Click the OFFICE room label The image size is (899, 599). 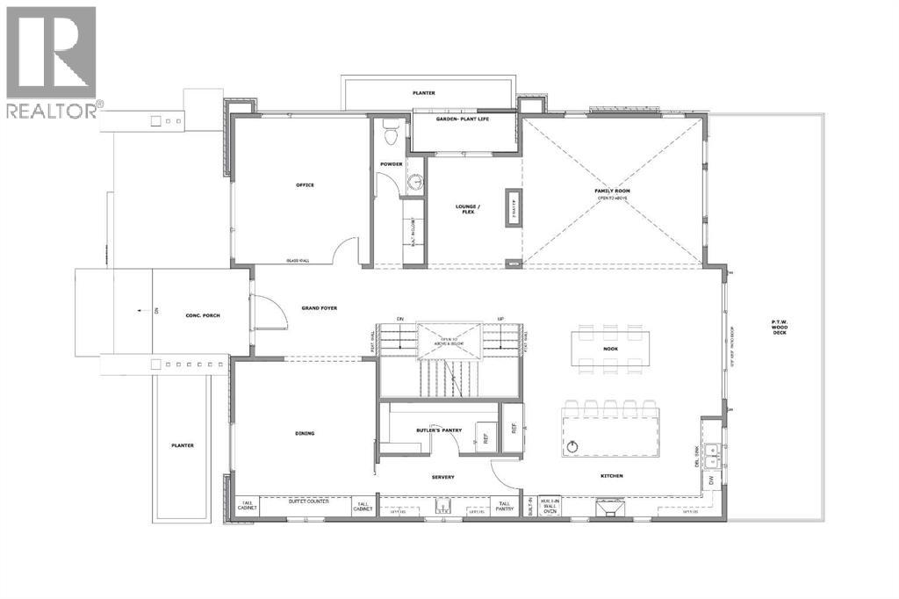point(305,185)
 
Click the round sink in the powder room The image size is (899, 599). point(415,184)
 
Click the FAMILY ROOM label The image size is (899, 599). point(612,191)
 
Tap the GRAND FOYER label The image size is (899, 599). point(320,308)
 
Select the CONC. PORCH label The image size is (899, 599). point(201,314)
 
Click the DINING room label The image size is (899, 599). point(305,433)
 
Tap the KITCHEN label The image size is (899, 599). point(611,476)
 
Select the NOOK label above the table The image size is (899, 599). point(611,349)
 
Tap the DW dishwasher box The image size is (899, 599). point(710,480)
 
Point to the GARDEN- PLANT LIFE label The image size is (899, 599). point(463,118)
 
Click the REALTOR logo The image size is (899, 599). point(51,61)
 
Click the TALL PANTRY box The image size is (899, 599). point(504,506)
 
